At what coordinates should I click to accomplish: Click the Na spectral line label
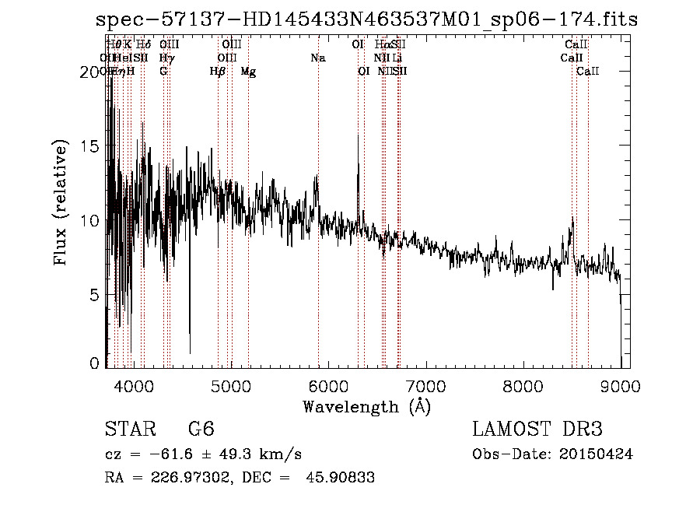coord(317,58)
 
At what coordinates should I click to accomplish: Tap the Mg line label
coord(248,72)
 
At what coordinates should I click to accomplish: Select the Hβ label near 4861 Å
coord(218,72)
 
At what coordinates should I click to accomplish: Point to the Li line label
coord(397,58)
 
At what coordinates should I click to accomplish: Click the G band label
coord(163,72)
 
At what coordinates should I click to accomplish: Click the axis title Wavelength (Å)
coord(366,405)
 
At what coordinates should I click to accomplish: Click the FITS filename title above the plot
coord(366,20)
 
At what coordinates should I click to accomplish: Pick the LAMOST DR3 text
coord(537,430)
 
